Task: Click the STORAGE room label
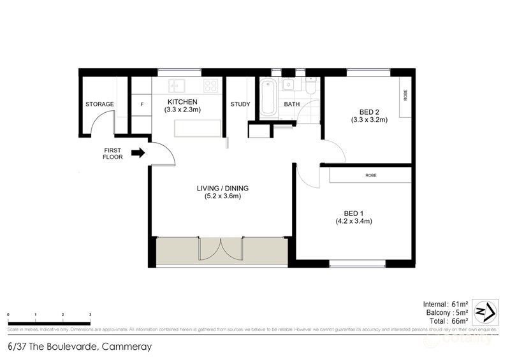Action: click(x=100, y=104)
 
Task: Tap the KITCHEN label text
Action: click(x=182, y=102)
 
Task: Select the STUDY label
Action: click(x=240, y=104)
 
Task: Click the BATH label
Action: click(x=291, y=104)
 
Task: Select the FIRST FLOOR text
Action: click(x=112, y=153)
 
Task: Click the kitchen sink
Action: click(x=176, y=85)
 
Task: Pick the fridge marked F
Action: click(x=141, y=104)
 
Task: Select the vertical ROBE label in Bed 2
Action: click(x=405, y=95)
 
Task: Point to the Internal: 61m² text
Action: click(x=446, y=303)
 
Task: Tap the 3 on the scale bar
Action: click(x=90, y=315)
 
